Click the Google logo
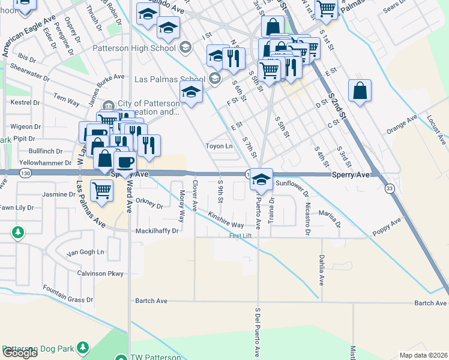coord(20,353)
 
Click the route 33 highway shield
coord(390,188)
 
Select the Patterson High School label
coord(134,47)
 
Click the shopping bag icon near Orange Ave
coord(360,92)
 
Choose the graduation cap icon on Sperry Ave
coord(261,179)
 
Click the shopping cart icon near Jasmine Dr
coord(101,190)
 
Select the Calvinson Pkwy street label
coord(100,274)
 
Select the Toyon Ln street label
coord(218,146)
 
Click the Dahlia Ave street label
coord(321,270)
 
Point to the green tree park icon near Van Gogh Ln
coord(19,232)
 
